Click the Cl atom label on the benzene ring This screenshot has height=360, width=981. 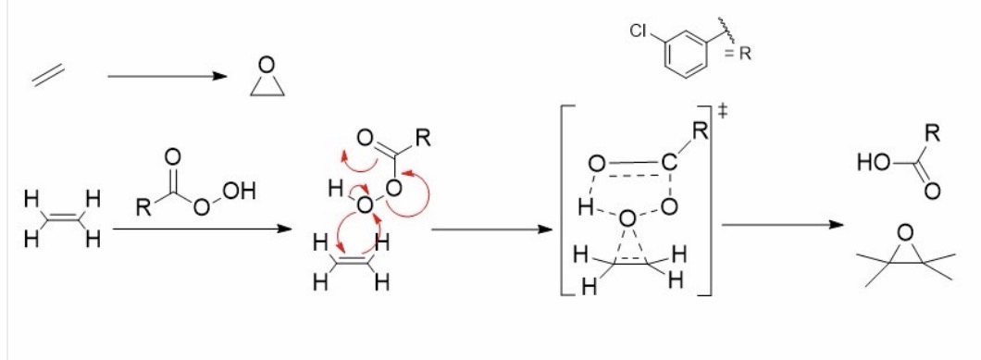tap(639, 32)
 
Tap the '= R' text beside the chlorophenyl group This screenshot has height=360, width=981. tap(739, 54)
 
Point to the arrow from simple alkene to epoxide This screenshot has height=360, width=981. tap(167, 77)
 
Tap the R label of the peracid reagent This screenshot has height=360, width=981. tap(143, 208)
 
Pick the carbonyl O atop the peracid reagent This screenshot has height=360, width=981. tap(173, 156)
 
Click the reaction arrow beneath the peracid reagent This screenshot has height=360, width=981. tap(203, 230)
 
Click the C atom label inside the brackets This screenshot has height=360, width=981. tap(668, 165)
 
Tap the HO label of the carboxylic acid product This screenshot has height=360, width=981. tap(873, 164)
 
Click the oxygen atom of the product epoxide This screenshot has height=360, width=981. tap(905, 233)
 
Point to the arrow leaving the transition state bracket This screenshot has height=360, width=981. tap(783, 224)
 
